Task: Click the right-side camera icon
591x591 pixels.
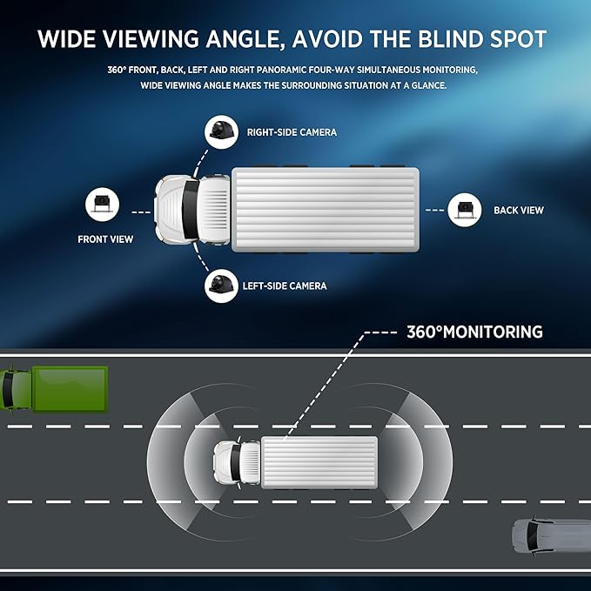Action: coord(221,132)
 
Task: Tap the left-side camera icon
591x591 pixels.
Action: coord(221,285)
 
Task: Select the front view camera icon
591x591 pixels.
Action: coord(102,205)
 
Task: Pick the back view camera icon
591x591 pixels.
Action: coord(465,210)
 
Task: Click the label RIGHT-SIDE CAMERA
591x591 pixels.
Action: coord(292,132)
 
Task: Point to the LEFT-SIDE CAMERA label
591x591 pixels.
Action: coord(285,286)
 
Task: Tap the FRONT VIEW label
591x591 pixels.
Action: coord(105,239)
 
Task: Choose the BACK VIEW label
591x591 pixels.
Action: coord(519,211)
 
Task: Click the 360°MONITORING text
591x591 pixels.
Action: coord(475,332)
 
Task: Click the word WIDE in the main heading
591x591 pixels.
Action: coord(68,39)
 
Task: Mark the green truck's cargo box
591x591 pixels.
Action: coord(71,388)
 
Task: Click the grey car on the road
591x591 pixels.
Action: coord(551,536)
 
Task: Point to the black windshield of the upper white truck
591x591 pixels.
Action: coord(191,209)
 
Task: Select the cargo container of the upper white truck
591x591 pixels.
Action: coord(326,210)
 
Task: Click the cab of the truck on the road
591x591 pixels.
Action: coord(237,461)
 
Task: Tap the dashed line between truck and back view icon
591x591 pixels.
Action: coord(434,211)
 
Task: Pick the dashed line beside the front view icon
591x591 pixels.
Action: coord(141,212)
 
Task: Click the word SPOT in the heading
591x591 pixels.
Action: coord(518,39)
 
